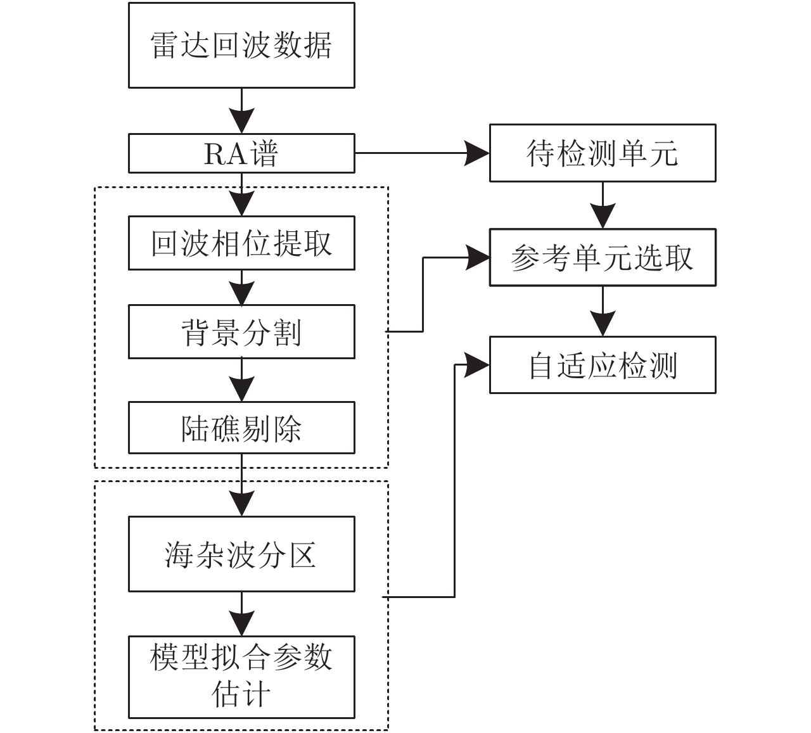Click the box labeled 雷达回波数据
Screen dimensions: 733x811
pyautogui.click(x=241, y=45)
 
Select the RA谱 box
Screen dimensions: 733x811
pyautogui.click(x=241, y=153)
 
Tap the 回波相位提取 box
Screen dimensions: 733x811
pyautogui.click(x=241, y=243)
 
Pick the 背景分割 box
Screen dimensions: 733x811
pyautogui.click(x=241, y=332)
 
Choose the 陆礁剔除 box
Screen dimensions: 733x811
pyautogui.click(x=241, y=428)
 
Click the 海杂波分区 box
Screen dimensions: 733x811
pyautogui.click(x=241, y=554)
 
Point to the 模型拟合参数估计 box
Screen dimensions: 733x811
pyautogui.click(x=241, y=677)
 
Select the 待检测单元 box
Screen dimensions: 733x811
pyautogui.click(x=603, y=153)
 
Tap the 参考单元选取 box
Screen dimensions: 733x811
pyautogui.click(x=603, y=258)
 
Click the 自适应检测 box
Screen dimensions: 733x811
pyautogui.click(x=603, y=365)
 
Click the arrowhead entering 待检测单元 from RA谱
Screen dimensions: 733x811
pyautogui.click(x=478, y=153)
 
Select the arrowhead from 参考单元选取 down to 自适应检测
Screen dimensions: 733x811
pyautogui.click(x=603, y=324)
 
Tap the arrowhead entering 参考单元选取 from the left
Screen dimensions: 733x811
pyautogui.click(x=478, y=258)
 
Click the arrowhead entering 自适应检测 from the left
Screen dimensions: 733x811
pyautogui.click(x=478, y=365)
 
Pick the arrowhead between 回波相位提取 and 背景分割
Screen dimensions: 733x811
pyautogui.click(x=241, y=293)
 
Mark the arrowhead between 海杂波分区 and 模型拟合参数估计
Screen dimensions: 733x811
pyautogui.click(x=241, y=623)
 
